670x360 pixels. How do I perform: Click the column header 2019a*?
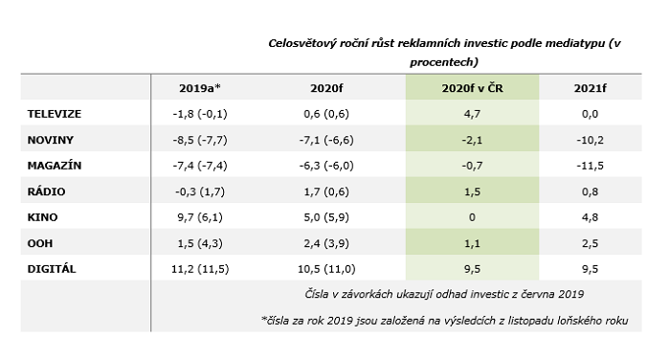tap(199, 88)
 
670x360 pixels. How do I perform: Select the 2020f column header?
tap(326, 88)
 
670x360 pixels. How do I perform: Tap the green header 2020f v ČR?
tap(472, 88)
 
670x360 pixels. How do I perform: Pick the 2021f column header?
tap(590, 88)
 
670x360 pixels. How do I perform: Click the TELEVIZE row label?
tap(55, 114)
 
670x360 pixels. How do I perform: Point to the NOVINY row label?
tap(51, 140)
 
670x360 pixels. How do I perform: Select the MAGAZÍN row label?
tap(55, 166)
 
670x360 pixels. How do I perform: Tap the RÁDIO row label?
tap(46, 191)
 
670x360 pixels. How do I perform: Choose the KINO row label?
tap(42, 217)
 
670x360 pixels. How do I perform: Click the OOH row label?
tap(40, 243)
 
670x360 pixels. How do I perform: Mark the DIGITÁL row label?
tap(52, 269)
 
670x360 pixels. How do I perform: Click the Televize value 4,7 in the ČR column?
tap(472, 114)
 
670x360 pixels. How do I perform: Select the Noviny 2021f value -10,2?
tap(590, 140)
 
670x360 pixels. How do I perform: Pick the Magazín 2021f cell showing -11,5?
tap(590, 166)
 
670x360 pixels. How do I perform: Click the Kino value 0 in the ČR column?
tap(472, 217)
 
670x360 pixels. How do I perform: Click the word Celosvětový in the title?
tap(302, 44)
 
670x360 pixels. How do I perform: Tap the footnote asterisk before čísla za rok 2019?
tap(263, 319)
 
